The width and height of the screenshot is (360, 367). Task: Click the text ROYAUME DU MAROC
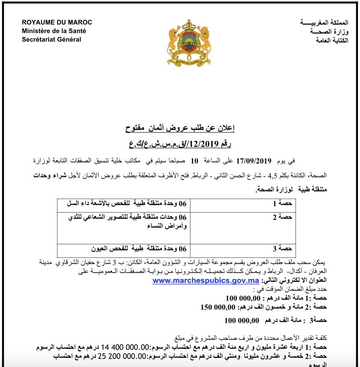pyautogui.click(x=57, y=23)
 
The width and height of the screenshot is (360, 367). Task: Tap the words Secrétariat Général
pyautogui.click(x=51, y=39)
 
